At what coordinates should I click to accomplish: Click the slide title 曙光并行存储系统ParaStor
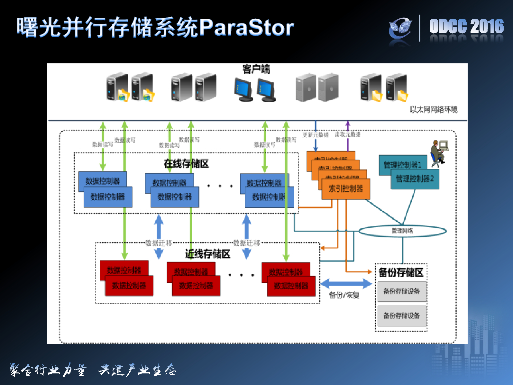[x=154, y=28]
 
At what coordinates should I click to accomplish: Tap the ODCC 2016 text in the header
[x=466, y=27]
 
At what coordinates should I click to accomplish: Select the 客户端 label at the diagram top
[x=256, y=69]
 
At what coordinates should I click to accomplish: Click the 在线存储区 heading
[x=186, y=164]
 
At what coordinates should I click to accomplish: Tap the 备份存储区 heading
[x=401, y=273]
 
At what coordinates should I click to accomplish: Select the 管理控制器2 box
[x=415, y=179]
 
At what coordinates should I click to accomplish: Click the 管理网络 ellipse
[x=402, y=231]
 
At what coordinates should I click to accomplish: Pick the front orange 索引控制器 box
[x=346, y=189]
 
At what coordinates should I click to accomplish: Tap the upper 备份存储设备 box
[x=401, y=291]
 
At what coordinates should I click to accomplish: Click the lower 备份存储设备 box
[x=401, y=316]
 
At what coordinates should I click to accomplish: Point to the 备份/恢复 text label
[x=344, y=295]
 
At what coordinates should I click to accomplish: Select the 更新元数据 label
[x=315, y=135]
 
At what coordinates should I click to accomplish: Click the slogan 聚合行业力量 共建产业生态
[x=93, y=370]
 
